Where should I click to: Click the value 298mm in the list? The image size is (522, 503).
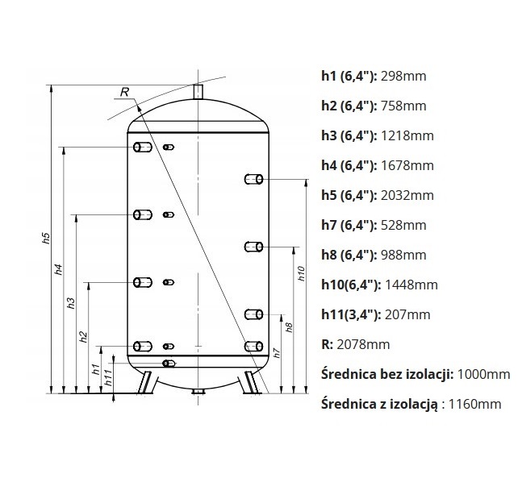tap(403, 77)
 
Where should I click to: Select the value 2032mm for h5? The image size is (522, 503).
tap(407, 195)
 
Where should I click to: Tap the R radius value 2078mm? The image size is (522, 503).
tap(363, 344)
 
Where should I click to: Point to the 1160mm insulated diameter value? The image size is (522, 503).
tap(474, 404)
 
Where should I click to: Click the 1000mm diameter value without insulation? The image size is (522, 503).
tap(484, 374)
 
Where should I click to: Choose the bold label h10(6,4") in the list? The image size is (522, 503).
tap(351, 285)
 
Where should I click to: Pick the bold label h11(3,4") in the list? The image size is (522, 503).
tap(351, 314)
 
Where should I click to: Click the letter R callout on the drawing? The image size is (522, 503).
tap(124, 92)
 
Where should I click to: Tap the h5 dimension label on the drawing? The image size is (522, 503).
tap(47, 238)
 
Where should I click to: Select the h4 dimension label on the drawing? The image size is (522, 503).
tap(59, 269)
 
